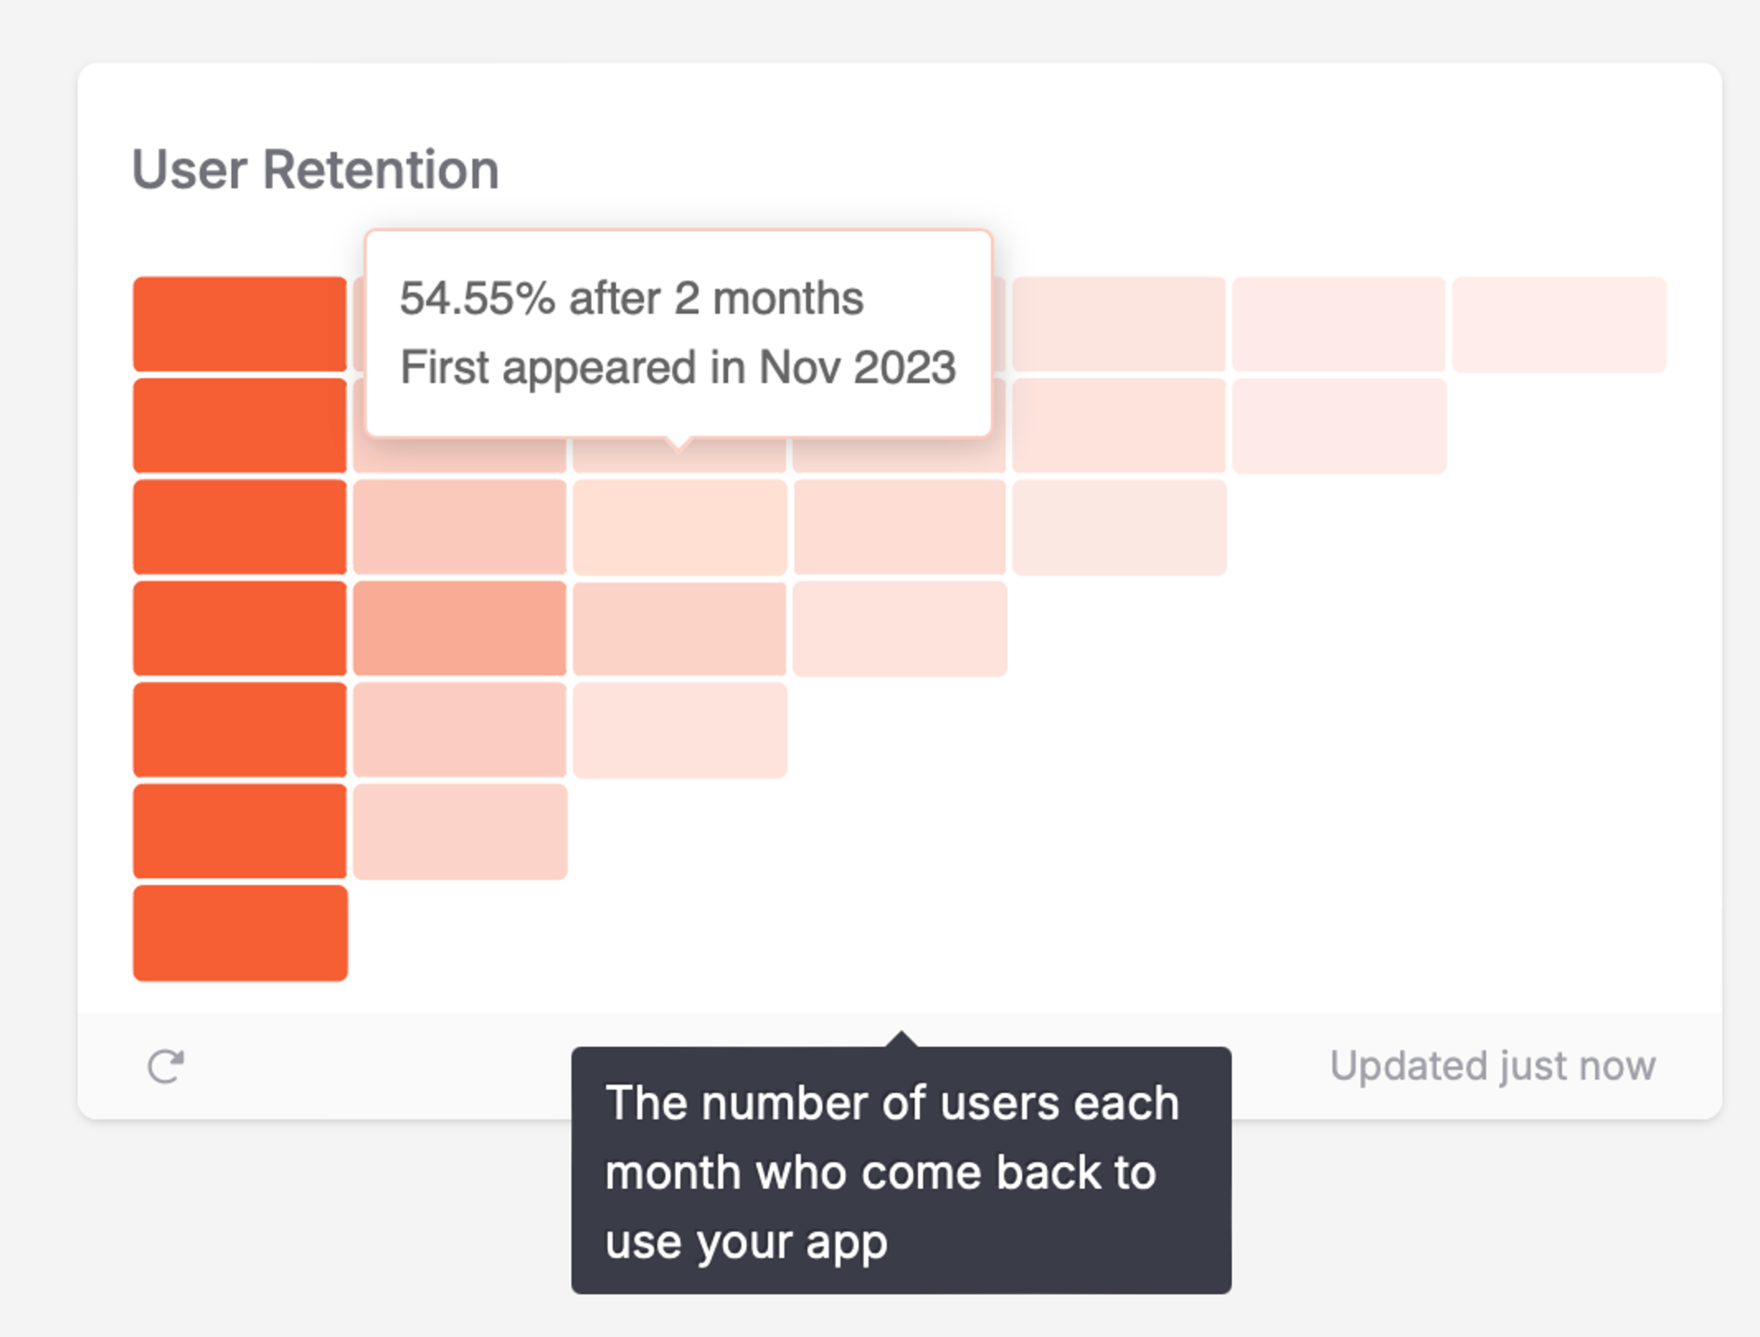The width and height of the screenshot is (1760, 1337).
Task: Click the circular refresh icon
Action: [166, 1066]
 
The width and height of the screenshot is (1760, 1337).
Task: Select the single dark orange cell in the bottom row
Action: [240, 933]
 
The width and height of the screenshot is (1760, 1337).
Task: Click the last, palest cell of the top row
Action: [1559, 324]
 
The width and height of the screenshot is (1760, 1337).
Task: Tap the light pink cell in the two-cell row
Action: [459, 832]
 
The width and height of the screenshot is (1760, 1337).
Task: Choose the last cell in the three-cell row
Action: [680, 730]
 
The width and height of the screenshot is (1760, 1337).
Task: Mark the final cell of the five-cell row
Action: [1119, 527]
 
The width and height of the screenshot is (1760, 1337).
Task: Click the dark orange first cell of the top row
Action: [240, 324]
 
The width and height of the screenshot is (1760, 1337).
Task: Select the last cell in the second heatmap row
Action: [1339, 426]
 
